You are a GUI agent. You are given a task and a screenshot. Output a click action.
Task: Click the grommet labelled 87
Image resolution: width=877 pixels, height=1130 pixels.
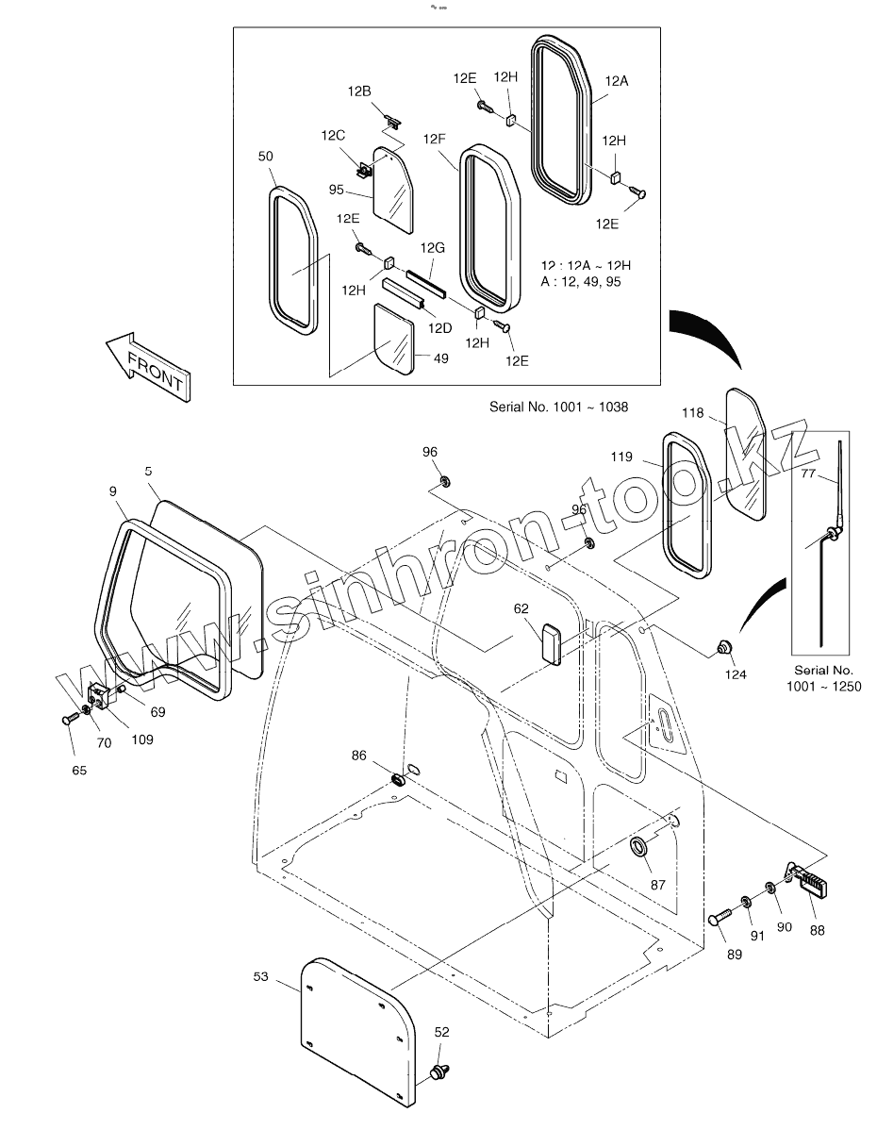[641, 844]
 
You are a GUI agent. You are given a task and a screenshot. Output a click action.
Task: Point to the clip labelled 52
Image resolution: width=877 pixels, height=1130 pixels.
[438, 1072]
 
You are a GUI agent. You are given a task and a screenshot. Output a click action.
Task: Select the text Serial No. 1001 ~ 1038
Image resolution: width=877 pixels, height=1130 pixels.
[558, 407]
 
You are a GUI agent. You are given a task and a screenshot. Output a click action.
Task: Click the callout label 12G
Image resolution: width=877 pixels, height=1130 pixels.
[432, 247]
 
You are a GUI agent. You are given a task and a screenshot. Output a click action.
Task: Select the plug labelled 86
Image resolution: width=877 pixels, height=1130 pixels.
[399, 779]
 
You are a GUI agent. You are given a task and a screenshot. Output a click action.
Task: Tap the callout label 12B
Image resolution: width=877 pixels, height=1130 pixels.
[359, 91]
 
